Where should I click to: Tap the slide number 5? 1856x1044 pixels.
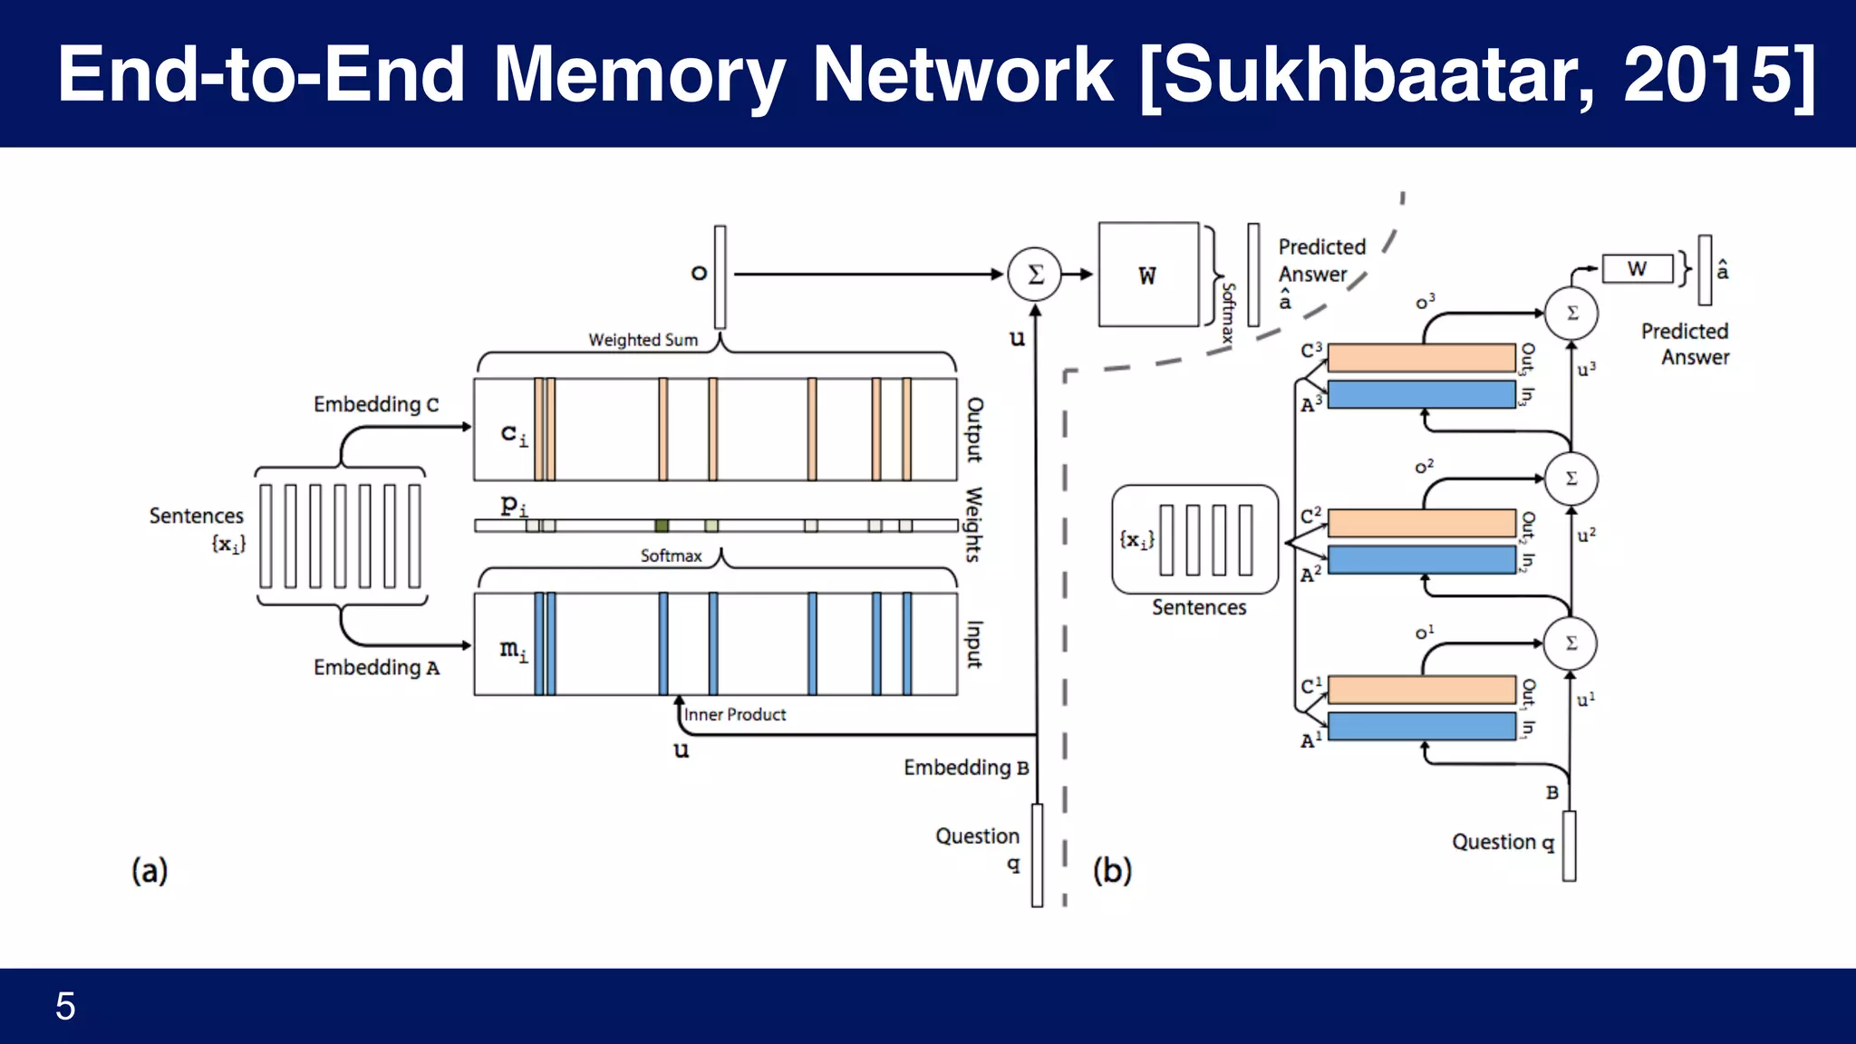point(65,1006)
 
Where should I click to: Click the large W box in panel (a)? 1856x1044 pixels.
point(1148,275)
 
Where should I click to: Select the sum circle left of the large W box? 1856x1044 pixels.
point(1035,274)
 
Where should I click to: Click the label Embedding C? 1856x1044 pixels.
point(376,404)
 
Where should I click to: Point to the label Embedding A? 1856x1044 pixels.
point(376,668)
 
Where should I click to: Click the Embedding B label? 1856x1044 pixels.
point(966,768)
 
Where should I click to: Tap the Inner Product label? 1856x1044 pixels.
point(735,715)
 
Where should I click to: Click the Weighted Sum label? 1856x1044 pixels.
point(643,340)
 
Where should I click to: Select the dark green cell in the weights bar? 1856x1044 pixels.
point(662,526)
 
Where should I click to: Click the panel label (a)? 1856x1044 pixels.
point(150,871)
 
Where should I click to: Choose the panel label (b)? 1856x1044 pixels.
point(1112,871)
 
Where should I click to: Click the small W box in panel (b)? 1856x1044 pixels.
point(1637,269)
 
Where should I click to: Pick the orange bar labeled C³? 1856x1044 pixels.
point(1421,357)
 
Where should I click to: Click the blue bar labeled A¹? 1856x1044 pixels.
point(1421,726)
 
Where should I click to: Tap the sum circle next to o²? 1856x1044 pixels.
point(1571,478)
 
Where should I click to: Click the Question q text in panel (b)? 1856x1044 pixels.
point(1503,843)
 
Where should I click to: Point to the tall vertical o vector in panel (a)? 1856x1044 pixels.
point(720,276)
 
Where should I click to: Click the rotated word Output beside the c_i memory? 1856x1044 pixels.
point(974,430)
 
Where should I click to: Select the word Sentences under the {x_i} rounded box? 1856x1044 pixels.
point(1199,608)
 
